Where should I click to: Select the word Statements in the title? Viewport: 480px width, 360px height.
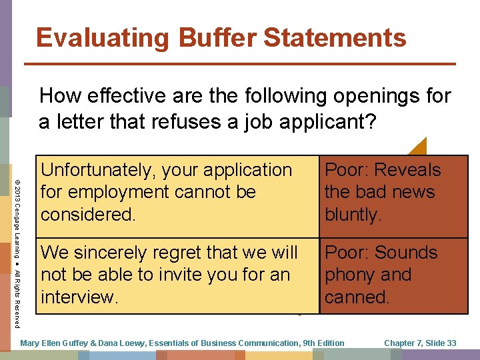335,37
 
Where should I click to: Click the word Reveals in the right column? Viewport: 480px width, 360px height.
411,170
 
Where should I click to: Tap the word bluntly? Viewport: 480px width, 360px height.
353,214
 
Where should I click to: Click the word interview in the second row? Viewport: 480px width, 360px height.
79,297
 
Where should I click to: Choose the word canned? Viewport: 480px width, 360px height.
357,297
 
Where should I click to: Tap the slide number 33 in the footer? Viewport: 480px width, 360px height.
451,343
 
